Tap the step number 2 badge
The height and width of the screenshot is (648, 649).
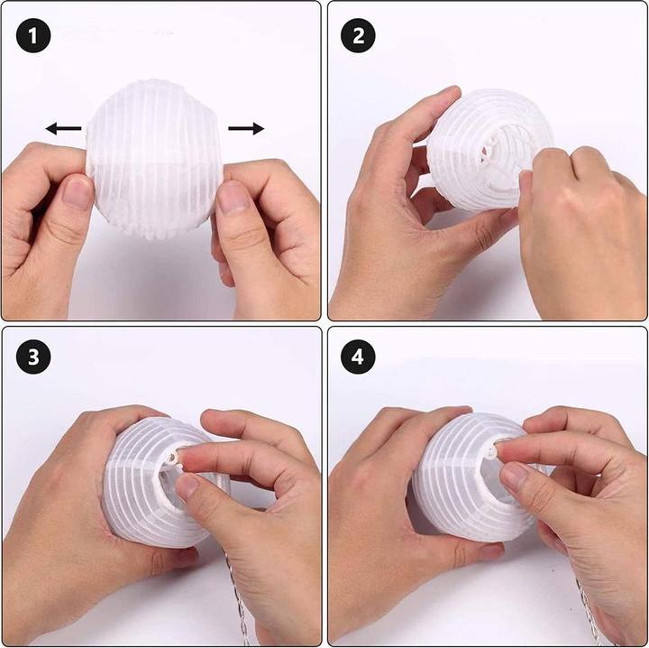click(x=358, y=35)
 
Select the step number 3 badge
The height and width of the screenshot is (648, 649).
click(x=33, y=356)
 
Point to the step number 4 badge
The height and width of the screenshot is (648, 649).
click(x=358, y=356)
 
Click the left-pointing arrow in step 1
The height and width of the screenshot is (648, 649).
click(x=63, y=128)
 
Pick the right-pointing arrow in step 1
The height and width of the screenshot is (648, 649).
click(x=246, y=128)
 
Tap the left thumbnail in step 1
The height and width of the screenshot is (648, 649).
click(x=77, y=192)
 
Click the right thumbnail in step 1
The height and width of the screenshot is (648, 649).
click(x=233, y=198)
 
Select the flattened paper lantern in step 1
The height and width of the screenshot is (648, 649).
click(x=154, y=159)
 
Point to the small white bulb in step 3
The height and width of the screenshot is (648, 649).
click(x=173, y=458)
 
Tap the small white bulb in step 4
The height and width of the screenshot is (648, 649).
click(x=491, y=452)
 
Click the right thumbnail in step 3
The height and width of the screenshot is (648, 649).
click(x=187, y=486)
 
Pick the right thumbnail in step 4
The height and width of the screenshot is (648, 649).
click(x=512, y=475)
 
